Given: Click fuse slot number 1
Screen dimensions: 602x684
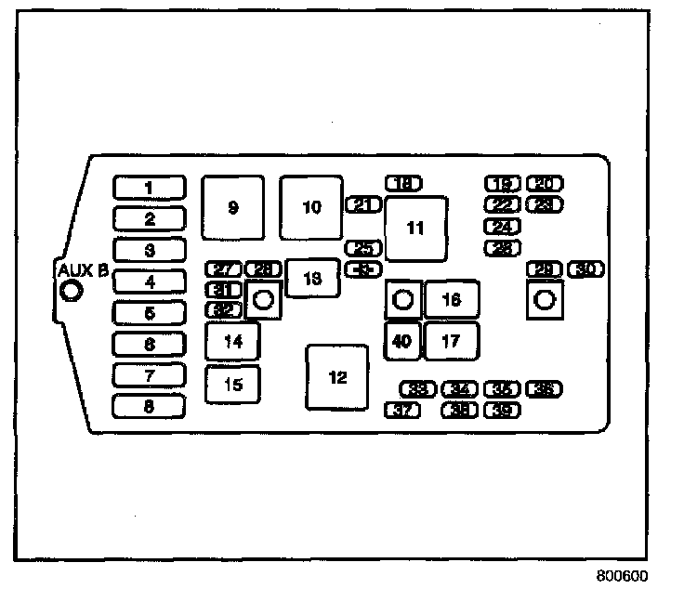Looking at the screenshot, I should tap(150, 188).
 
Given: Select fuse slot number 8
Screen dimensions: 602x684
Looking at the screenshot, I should tap(150, 406).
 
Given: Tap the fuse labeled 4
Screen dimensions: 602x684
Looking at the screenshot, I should tap(150, 281).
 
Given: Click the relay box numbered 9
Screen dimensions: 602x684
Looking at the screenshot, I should tap(233, 207).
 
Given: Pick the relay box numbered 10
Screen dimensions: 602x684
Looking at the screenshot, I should tap(311, 206).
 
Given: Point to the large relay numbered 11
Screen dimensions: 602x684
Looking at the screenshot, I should tap(415, 228).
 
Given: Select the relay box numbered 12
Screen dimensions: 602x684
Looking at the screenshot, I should tap(336, 377).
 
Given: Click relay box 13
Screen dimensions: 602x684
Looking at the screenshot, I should tap(312, 278).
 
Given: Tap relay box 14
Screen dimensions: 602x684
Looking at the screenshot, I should tap(233, 341).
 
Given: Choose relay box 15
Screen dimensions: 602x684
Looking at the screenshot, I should tap(233, 384).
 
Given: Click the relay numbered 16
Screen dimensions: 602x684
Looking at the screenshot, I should tap(452, 300).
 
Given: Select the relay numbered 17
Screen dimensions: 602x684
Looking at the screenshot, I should tap(452, 341).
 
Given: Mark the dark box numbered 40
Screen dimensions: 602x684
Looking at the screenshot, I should tap(402, 341).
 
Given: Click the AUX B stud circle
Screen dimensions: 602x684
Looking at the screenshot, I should tap(71, 291).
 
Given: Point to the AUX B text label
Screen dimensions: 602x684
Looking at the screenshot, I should tap(83, 270).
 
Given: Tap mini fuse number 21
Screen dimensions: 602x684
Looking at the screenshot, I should tap(363, 204).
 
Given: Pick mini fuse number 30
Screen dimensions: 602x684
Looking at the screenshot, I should tap(585, 269).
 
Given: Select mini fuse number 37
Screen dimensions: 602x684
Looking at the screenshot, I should tap(401, 410).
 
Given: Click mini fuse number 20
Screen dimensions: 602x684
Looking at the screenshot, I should tap(545, 184).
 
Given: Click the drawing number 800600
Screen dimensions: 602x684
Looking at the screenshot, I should tap(622, 576).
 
